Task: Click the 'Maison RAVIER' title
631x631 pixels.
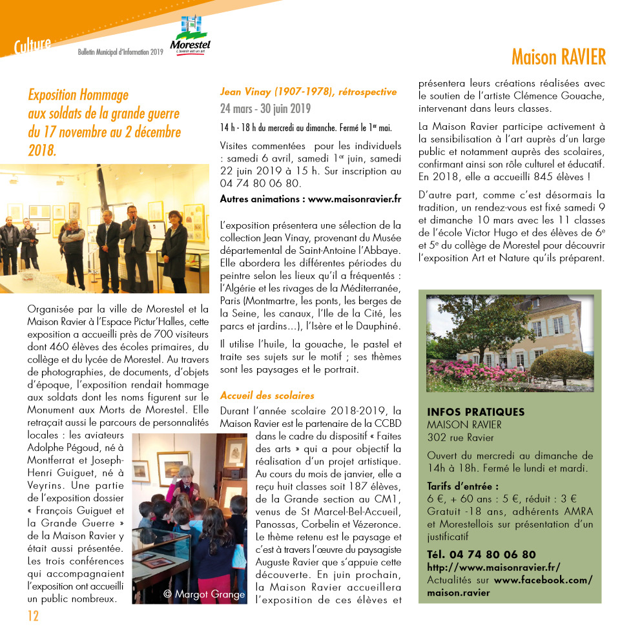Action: point(559,57)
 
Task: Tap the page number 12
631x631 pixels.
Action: point(32,614)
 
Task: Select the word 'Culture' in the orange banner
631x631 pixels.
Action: point(32,45)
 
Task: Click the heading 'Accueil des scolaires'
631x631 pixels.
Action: point(267,395)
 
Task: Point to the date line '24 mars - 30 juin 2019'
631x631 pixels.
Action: point(265,109)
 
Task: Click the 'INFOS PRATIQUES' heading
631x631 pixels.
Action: point(475,412)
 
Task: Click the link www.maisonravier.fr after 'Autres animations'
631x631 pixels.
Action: point(355,199)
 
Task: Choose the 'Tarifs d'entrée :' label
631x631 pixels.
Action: point(462,486)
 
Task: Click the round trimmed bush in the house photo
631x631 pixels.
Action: point(560,364)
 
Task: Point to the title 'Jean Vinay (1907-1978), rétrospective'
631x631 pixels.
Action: point(308,92)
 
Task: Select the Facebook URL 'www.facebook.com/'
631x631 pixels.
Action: point(543,580)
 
